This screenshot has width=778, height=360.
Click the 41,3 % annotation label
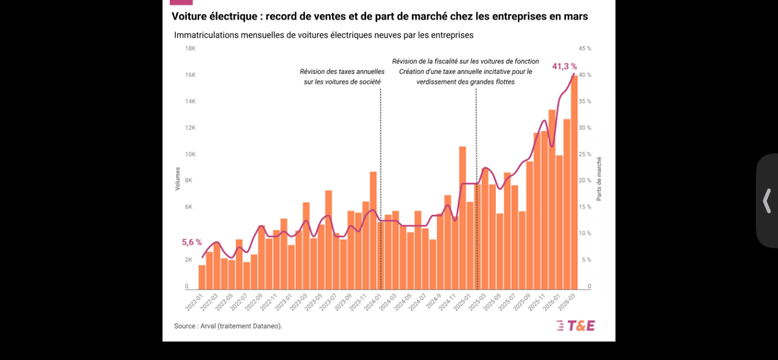(x=564, y=66)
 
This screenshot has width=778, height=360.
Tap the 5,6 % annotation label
(x=192, y=242)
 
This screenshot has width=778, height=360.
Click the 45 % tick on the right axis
(x=585, y=49)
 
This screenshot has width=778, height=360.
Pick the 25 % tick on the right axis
(x=585, y=154)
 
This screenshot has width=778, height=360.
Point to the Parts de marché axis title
(x=599, y=179)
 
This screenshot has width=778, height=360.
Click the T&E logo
(x=576, y=326)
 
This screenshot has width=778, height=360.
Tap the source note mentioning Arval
(x=228, y=326)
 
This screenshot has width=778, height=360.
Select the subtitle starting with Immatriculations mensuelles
(x=324, y=34)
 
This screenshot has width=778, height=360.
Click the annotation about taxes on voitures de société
(x=342, y=77)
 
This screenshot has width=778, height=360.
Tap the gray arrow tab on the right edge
(x=767, y=200)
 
